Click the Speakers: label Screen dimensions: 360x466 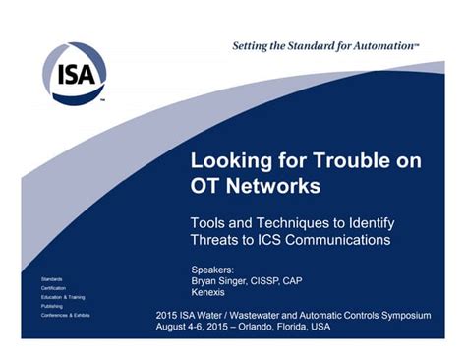coord(211,269)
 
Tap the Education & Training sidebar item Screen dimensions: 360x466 coord(63,297)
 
